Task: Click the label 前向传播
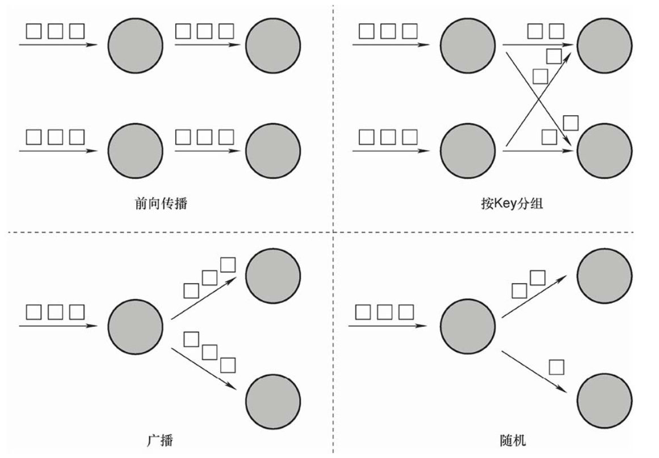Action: coord(161,203)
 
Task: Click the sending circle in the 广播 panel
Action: coord(135,327)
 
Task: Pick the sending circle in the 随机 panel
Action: coord(467,327)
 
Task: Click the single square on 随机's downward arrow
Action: coord(557,367)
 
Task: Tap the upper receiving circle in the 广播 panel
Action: coord(273,276)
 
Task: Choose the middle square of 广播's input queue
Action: coord(56,312)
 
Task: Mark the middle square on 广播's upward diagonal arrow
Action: coord(209,278)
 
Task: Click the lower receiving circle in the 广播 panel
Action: coord(273,401)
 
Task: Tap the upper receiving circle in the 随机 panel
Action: coord(605,276)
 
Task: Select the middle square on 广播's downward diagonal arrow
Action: coord(209,352)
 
